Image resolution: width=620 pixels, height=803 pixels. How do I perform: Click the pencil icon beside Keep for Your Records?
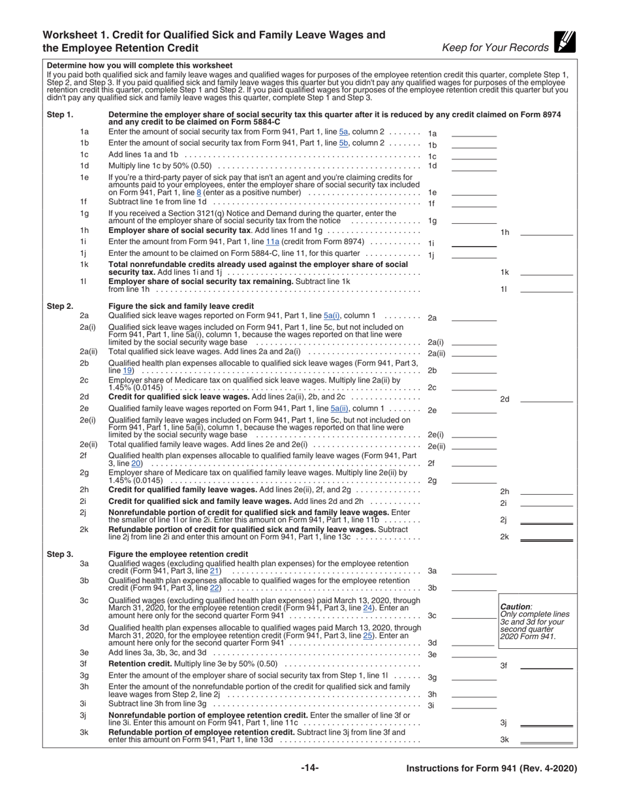(565, 42)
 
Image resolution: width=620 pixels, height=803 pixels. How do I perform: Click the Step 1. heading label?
(60, 115)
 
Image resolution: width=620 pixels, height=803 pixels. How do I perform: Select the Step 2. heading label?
(60, 306)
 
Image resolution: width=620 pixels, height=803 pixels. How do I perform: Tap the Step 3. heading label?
(60, 554)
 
